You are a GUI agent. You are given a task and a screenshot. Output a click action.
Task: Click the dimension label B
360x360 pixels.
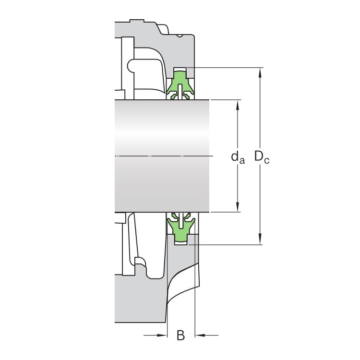tap(180, 335)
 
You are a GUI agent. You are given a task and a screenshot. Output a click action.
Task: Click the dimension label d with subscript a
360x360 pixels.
tap(238, 158)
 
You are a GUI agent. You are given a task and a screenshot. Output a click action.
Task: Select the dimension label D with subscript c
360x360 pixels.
tap(262, 157)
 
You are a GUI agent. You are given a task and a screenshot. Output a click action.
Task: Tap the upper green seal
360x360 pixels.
tap(180, 85)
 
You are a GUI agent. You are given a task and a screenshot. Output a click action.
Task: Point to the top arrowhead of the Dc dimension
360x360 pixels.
tap(260, 73)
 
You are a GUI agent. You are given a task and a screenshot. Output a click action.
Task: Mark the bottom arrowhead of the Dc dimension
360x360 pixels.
tap(260, 239)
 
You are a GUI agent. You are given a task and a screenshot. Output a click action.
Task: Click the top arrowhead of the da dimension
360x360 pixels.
tap(238, 105)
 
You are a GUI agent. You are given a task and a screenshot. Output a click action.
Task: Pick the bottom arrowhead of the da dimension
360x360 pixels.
tap(238, 206)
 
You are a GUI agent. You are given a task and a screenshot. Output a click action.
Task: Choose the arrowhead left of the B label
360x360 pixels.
tap(162, 336)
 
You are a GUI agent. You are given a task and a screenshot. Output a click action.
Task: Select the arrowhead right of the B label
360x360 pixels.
tap(200, 336)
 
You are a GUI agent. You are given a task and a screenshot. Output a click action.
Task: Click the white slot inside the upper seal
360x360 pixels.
tap(180, 92)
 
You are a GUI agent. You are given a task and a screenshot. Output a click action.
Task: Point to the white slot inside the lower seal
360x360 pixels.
tap(181, 220)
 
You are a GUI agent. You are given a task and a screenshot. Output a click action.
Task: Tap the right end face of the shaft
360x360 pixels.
tap(209, 156)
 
